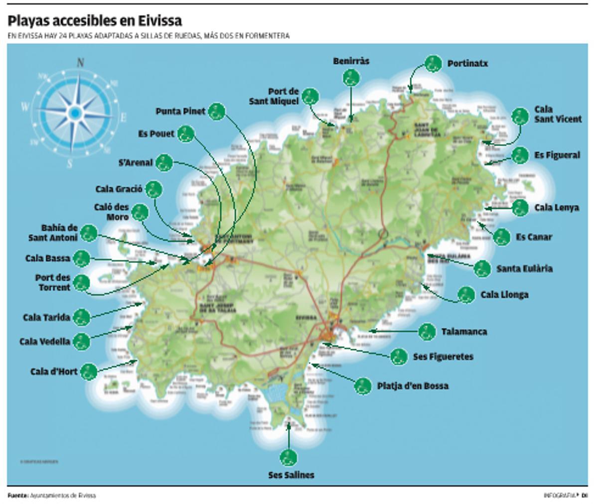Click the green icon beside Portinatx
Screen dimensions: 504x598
coord(433,64)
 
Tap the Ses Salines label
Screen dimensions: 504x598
coord(291,475)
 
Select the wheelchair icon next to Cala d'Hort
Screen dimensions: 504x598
coord(89,372)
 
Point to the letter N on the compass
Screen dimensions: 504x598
coord(80,63)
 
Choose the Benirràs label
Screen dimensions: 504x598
coord(351,61)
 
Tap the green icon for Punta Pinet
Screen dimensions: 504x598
coord(216,112)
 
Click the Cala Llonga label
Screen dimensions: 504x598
coord(504,295)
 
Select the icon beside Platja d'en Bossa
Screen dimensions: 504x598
coord(363,385)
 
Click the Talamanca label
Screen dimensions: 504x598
coord(464,332)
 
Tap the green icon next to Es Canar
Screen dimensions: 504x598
coord(502,237)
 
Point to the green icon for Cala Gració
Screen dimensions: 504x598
coord(154,189)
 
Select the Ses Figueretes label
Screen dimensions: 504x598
coord(443,357)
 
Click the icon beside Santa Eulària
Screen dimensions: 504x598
coord(482,269)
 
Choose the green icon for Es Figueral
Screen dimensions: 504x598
coord(520,155)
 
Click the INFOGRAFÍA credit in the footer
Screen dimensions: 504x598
coord(560,496)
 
